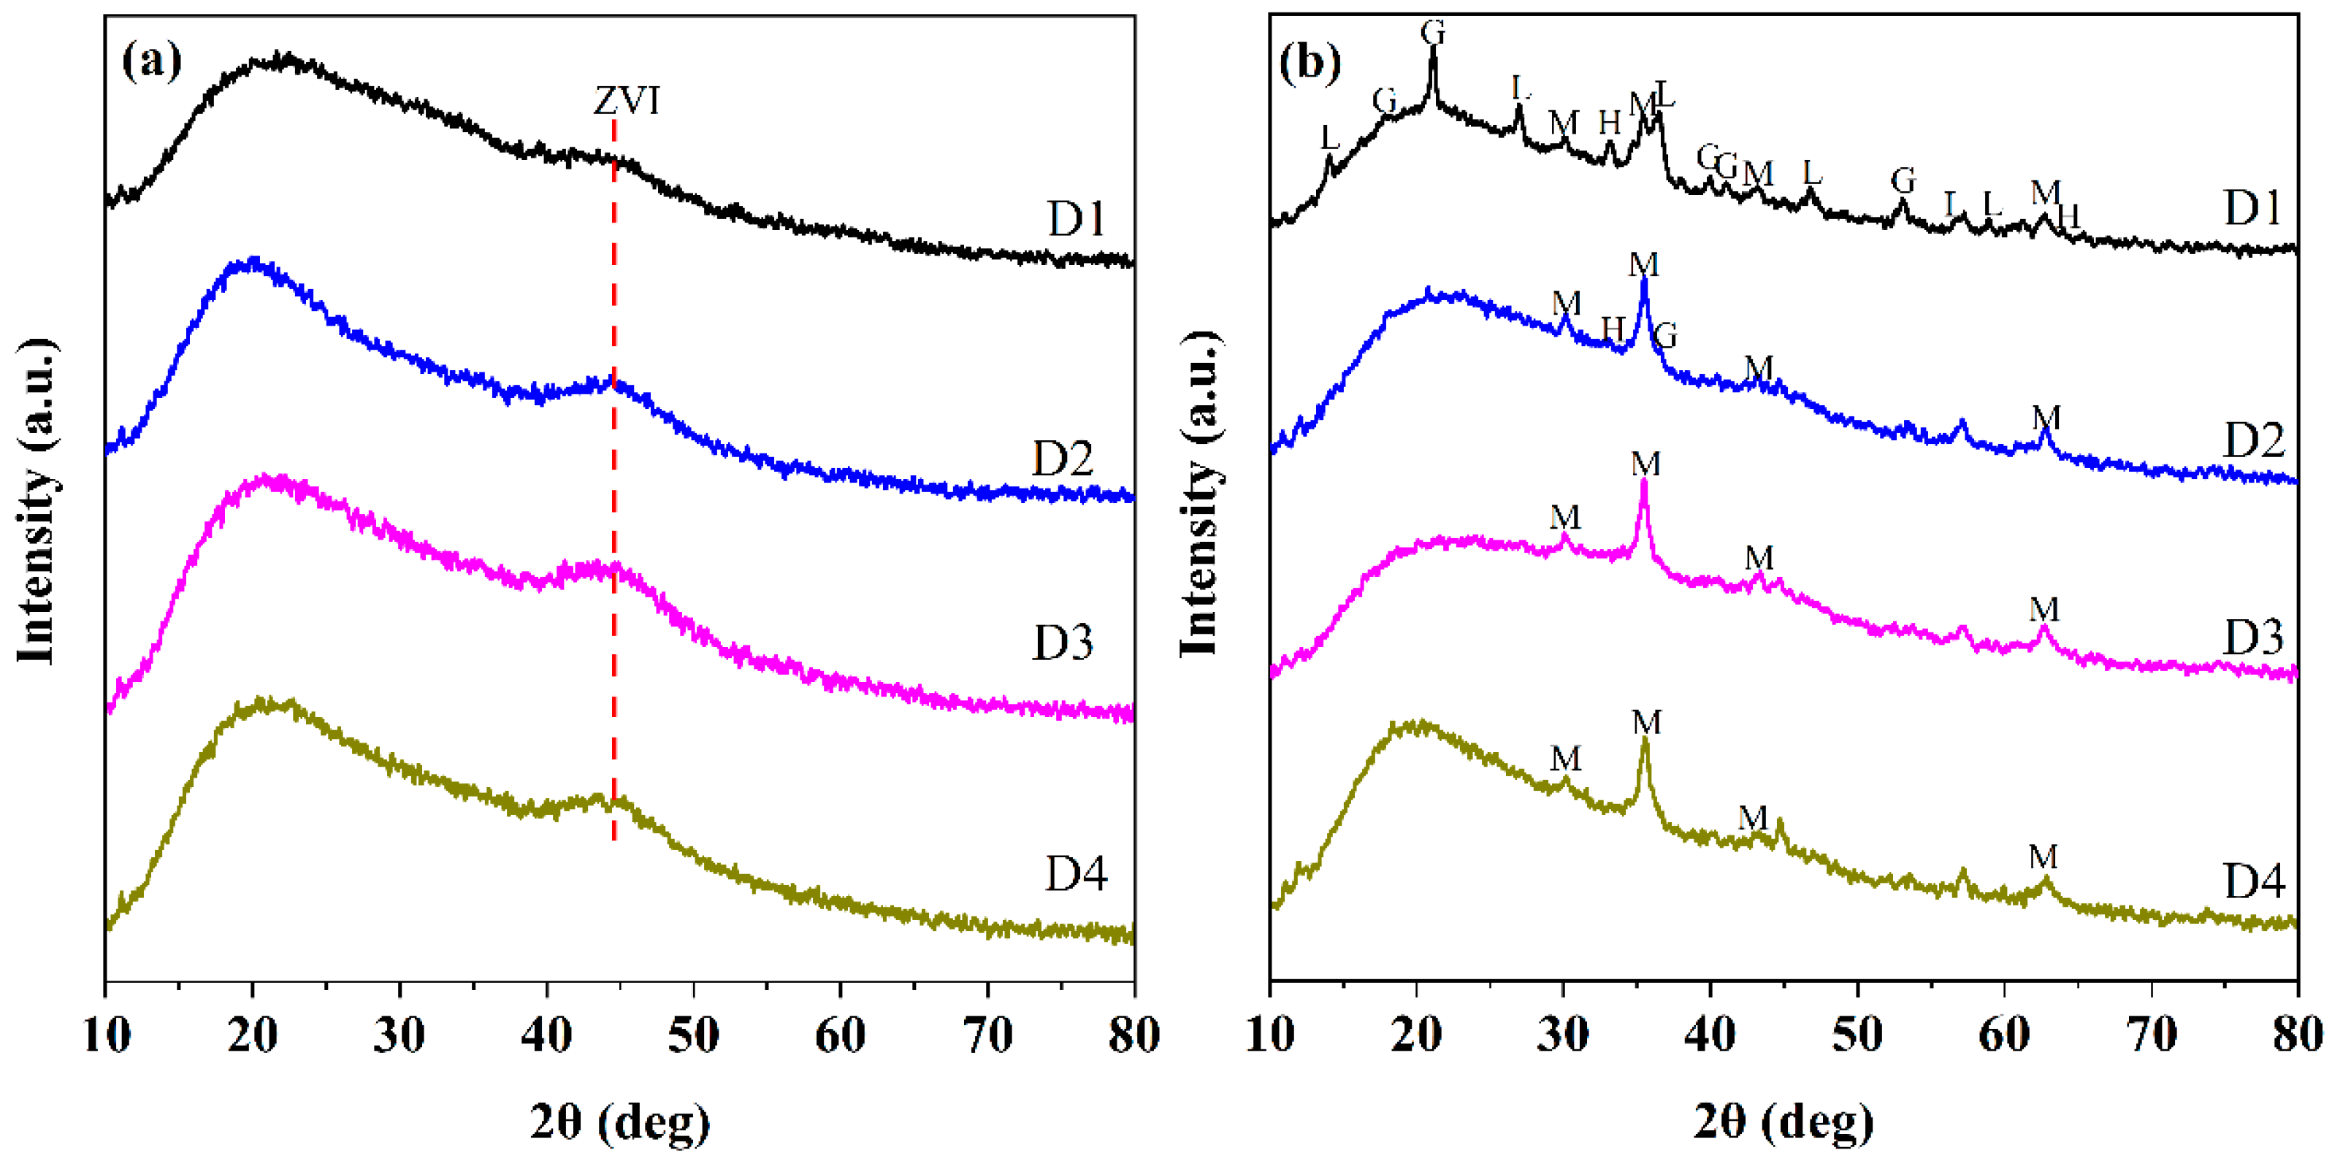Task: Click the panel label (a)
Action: pos(151,61)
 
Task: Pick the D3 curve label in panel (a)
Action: pos(1063,643)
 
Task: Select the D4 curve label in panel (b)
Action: pos(2254,881)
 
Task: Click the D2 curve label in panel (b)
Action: pos(2253,441)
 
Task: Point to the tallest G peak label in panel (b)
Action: pos(1432,31)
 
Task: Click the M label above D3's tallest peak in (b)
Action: pos(1645,464)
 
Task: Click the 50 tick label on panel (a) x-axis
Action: pos(693,1035)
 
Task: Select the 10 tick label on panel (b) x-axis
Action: pos(1270,1035)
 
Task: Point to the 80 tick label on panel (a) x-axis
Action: pos(1133,1035)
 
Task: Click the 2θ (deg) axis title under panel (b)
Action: pos(1783,1123)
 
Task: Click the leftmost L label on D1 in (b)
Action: pos(1329,137)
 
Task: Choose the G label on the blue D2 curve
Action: pos(1664,336)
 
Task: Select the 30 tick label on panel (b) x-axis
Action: pos(1564,1035)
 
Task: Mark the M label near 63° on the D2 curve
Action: pos(2046,418)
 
